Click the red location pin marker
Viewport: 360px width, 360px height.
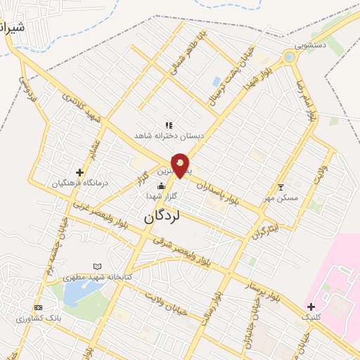[180, 165]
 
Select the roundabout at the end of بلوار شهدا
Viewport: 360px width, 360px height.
[290, 56]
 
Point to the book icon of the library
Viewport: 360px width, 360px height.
[97, 266]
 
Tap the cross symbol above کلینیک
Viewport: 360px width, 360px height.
[310, 306]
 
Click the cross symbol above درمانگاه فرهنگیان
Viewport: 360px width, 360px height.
[79, 172]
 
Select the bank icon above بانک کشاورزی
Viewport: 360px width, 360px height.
[38, 307]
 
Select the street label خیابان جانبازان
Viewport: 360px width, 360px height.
[250, 319]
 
